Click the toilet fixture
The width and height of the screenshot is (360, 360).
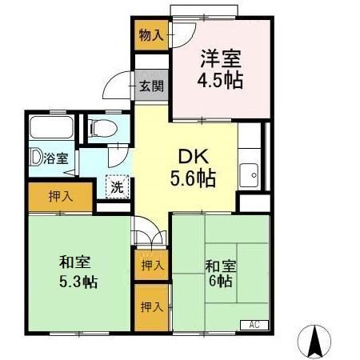(102, 128)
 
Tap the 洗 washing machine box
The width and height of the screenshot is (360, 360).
(118, 186)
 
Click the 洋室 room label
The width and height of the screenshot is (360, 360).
(220, 58)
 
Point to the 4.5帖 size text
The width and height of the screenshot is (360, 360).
(220, 80)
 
